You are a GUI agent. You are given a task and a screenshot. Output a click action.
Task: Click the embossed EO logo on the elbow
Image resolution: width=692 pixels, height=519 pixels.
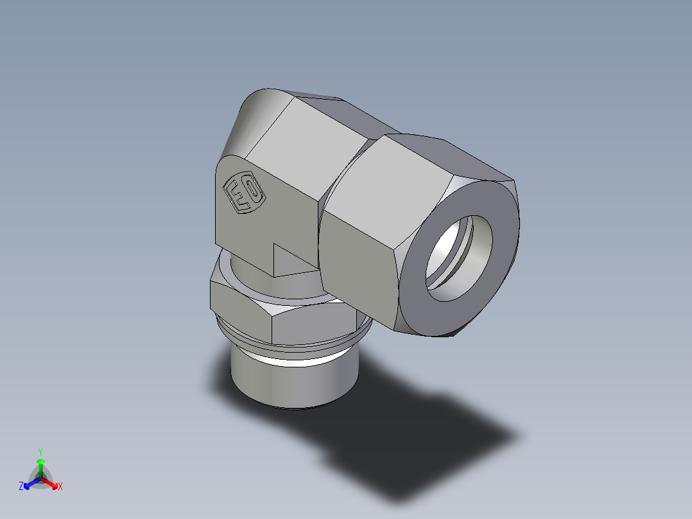coord(243,193)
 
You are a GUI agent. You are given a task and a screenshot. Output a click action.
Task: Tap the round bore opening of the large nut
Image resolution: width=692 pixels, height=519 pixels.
coord(457,257)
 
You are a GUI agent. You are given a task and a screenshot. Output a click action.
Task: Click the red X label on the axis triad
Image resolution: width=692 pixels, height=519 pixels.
coord(60,487)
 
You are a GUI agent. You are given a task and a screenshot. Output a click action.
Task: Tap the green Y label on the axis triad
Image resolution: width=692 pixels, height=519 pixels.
coord(40,451)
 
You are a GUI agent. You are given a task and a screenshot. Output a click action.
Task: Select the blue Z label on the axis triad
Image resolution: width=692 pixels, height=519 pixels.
coord(21,487)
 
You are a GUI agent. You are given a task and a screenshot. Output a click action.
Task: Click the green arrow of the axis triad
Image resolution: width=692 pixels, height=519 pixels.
coord(40,466)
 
